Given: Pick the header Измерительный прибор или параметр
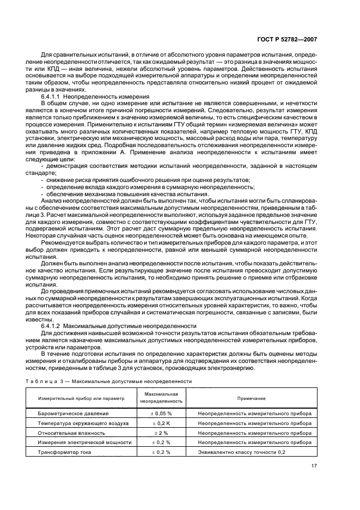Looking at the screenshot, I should click(x=81, y=398).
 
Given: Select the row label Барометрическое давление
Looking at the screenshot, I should click(x=72, y=414).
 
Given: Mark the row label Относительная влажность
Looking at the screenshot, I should click(x=71, y=433).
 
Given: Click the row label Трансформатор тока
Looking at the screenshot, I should click(x=64, y=452).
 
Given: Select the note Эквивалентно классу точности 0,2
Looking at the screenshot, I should click(x=241, y=452).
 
